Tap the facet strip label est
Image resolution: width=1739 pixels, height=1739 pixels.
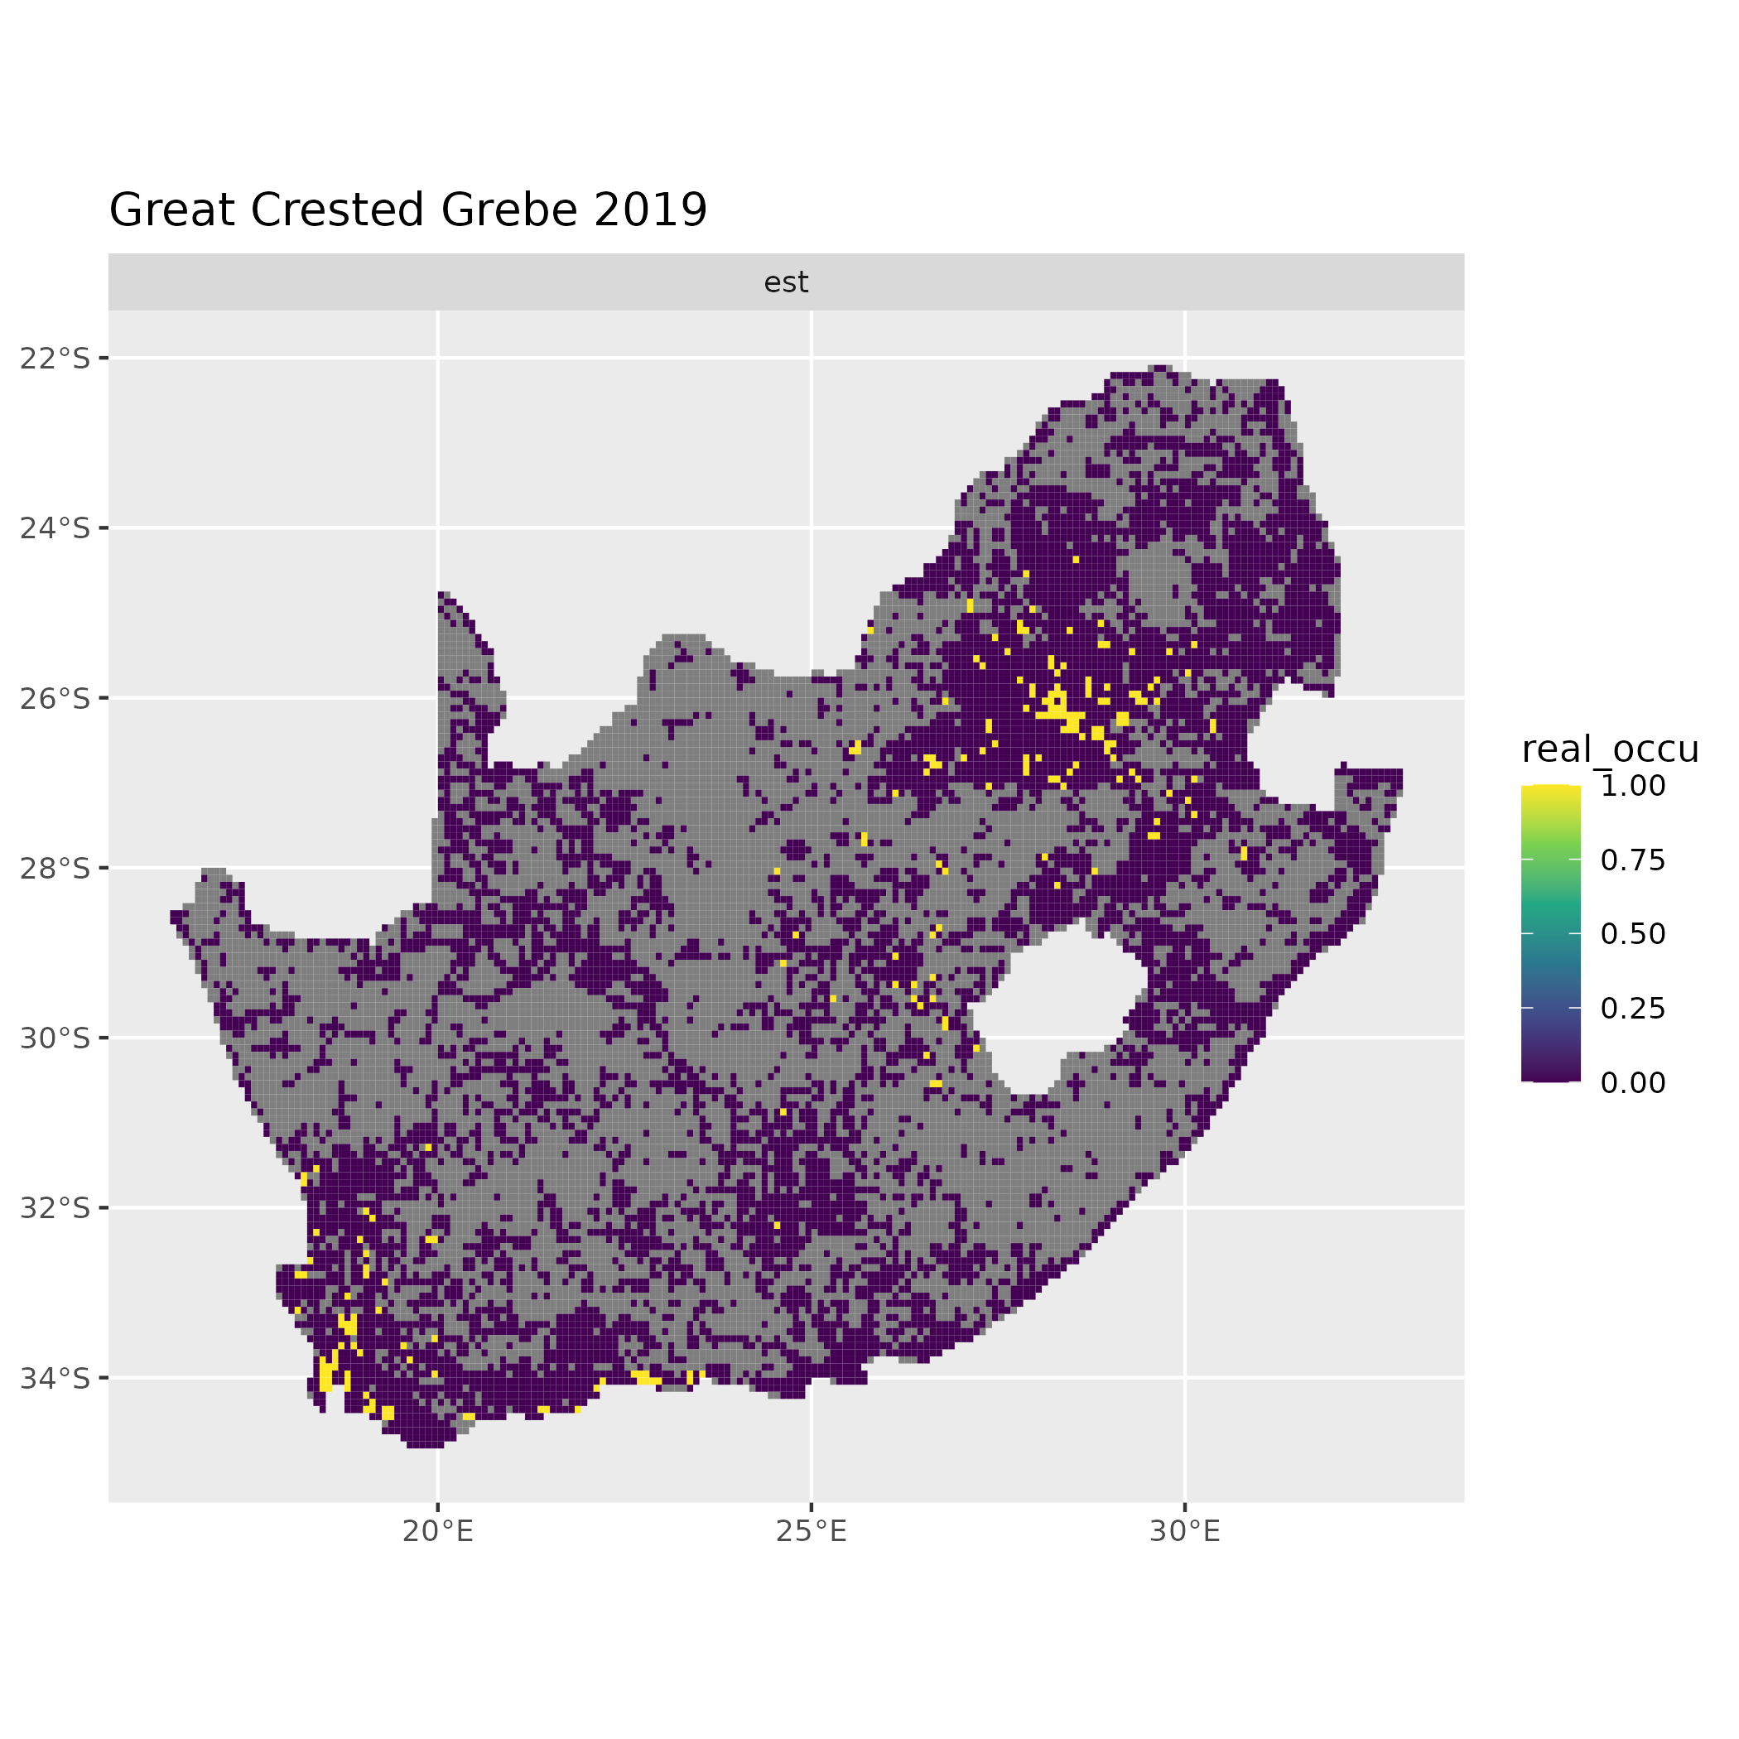tap(786, 282)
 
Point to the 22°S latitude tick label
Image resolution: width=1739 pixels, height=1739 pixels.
tap(55, 359)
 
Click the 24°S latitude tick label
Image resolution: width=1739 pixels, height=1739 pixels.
tap(55, 528)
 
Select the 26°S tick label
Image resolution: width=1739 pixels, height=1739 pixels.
tap(55, 698)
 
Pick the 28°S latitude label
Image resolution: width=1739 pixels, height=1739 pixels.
tap(55, 869)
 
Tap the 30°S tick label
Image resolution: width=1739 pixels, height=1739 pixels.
tap(55, 1038)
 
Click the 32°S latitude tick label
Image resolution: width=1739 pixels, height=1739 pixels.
tap(55, 1208)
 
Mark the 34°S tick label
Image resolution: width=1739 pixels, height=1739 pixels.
tap(55, 1378)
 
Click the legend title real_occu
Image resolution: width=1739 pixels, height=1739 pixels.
tap(1609, 749)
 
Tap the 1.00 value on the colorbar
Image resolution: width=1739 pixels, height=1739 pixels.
tap(1633, 787)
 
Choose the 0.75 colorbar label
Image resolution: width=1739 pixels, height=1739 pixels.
tap(1633, 860)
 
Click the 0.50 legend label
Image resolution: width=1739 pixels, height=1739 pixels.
tap(1633, 934)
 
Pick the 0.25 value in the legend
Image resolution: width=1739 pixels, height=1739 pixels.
tap(1633, 1009)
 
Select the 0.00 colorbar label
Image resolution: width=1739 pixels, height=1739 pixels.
tap(1633, 1083)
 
